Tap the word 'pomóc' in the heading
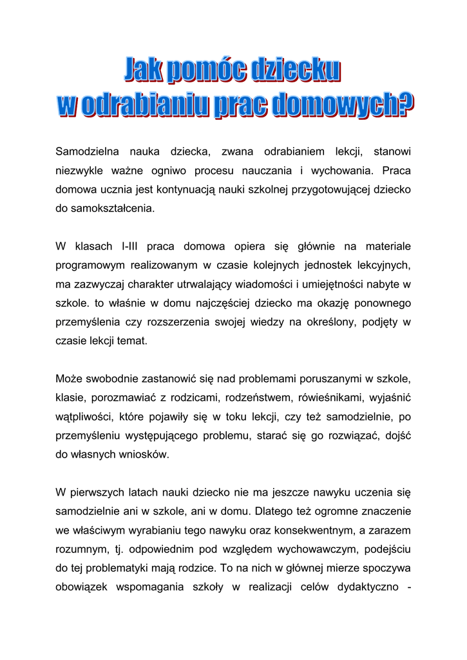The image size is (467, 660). [x=204, y=71]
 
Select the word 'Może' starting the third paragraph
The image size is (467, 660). [x=68, y=377]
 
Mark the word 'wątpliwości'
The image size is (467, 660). [x=82, y=414]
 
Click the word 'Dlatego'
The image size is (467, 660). [x=274, y=512]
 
